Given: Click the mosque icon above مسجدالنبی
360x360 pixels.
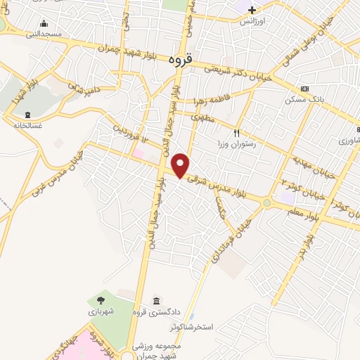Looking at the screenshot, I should pyautogui.click(x=44, y=23).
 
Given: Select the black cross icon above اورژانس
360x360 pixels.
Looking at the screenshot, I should pyautogui.click(x=252, y=11).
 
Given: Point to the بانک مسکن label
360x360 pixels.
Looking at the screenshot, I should pyautogui.click(x=304, y=99).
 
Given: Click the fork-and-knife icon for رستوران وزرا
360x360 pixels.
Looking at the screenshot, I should pyautogui.click(x=237, y=132).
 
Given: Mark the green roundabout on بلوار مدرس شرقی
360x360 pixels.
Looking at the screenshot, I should pyautogui.click(x=267, y=204).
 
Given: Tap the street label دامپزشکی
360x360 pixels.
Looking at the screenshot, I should pyautogui.click(x=84, y=88).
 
